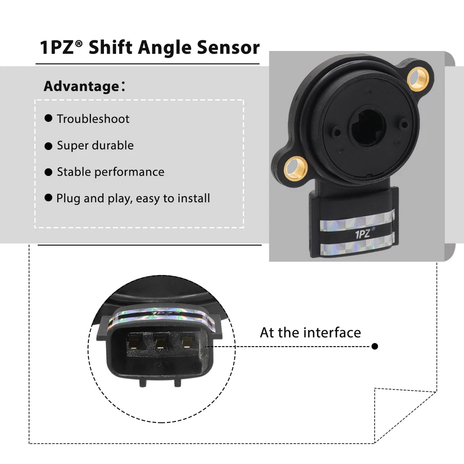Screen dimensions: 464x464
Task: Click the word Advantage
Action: [x=81, y=87]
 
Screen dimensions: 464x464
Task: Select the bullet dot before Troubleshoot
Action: [x=48, y=118]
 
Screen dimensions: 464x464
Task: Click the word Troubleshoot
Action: [x=93, y=119]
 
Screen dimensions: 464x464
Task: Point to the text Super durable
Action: [x=95, y=145]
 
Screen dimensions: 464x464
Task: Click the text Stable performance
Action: [x=110, y=172]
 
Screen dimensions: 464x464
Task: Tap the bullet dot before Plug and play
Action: [x=48, y=198]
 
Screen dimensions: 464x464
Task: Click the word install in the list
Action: [x=193, y=198]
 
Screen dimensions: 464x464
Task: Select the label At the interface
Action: [x=310, y=333]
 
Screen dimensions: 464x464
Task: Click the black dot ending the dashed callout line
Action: [x=375, y=346]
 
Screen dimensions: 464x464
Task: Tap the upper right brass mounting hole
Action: [x=417, y=78]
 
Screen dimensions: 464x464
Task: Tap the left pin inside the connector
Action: [x=133, y=344]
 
